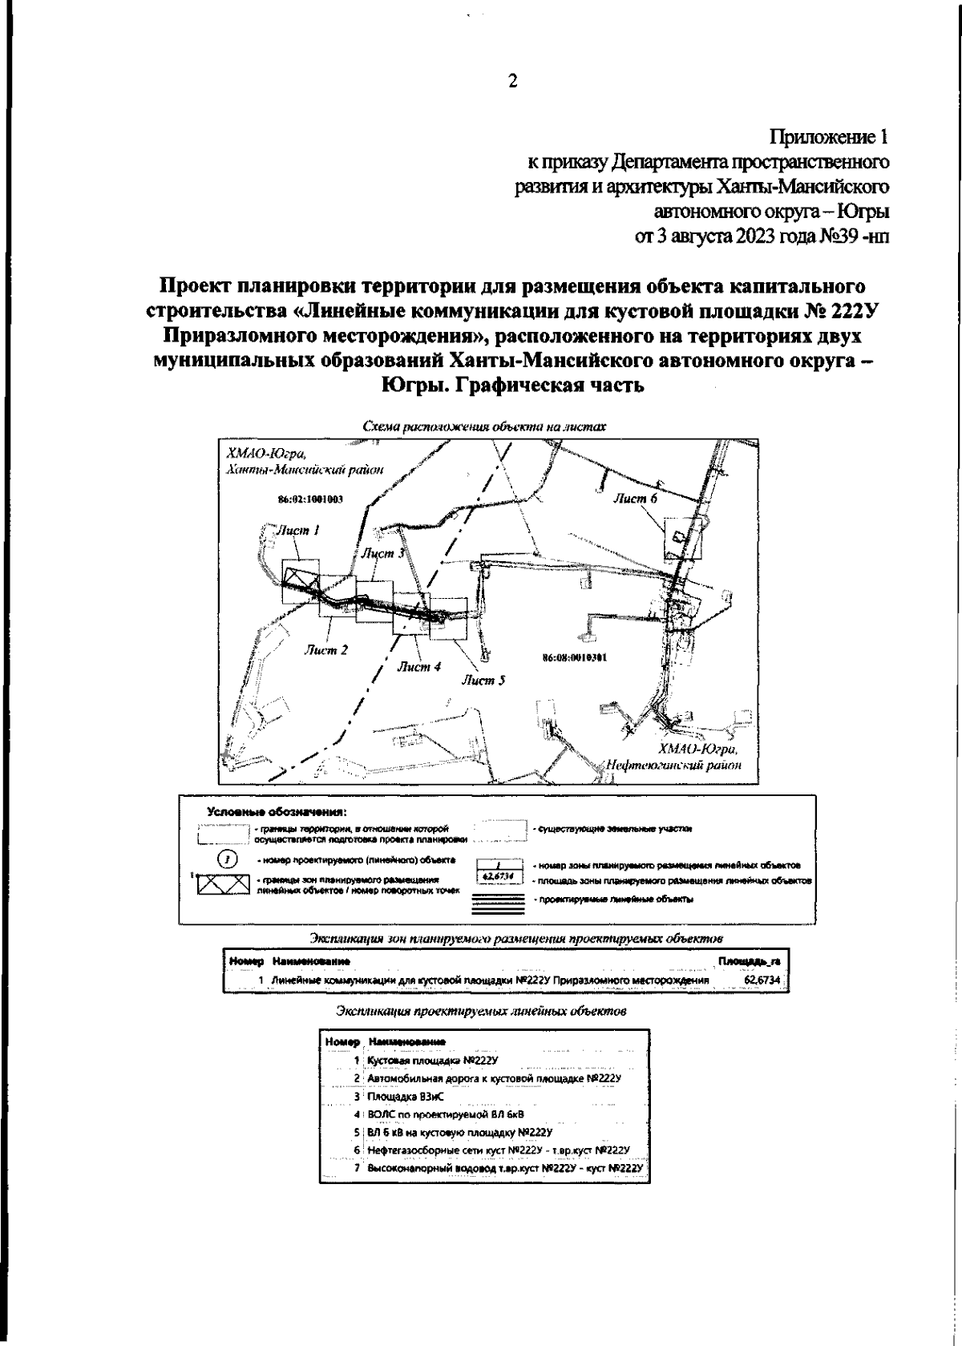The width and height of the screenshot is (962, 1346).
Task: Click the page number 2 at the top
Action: click(x=512, y=80)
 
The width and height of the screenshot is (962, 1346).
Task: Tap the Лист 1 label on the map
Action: click(x=299, y=530)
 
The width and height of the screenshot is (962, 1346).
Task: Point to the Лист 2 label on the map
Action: click(x=325, y=650)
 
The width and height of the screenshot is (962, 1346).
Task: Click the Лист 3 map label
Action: click(x=382, y=553)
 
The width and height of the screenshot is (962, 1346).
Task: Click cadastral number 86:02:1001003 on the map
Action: click(x=310, y=499)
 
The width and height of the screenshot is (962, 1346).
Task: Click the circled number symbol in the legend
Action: click(x=228, y=859)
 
